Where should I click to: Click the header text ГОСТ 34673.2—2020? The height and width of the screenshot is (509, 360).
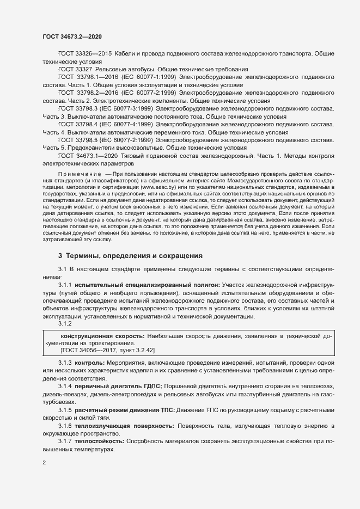click(x=72, y=36)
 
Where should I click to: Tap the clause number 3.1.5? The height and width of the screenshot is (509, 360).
click(x=65, y=409)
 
